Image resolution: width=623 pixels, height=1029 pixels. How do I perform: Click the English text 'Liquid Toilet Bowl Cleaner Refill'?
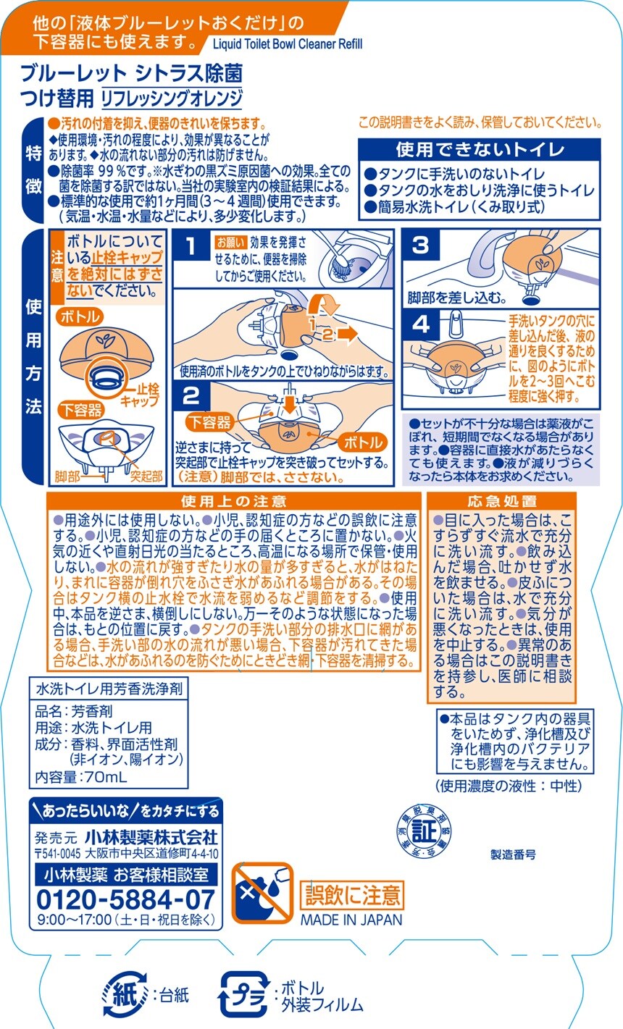(x=288, y=44)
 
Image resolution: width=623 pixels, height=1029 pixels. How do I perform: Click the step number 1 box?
(x=191, y=247)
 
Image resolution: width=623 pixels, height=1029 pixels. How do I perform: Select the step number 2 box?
(x=191, y=396)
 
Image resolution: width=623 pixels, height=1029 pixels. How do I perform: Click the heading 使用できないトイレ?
(x=480, y=150)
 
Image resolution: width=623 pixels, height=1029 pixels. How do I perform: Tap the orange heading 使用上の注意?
(x=234, y=501)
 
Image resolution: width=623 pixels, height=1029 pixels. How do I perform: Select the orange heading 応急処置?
(x=502, y=501)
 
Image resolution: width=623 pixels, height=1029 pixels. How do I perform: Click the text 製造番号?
(x=513, y=854)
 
